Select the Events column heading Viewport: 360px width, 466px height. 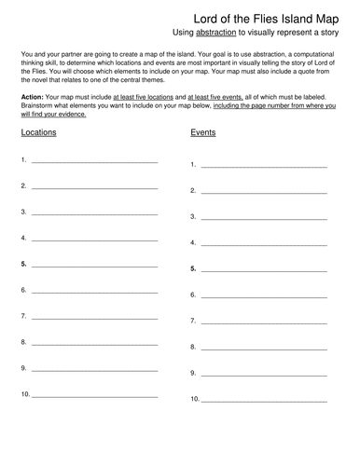click(x=204, y=133)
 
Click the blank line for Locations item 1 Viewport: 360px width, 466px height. click(x=93, y=163)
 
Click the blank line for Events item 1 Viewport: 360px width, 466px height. click(x=264, y=167)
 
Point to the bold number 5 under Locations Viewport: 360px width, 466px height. click(x=22, y=265)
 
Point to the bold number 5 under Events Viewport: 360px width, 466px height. click(x=193, y=268)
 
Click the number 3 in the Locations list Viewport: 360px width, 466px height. click(x=22, y=212)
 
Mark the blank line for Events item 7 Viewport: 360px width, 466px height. click(x=264, y=322)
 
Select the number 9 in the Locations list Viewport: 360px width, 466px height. click(x=22, y=368)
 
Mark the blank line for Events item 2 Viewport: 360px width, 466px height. click(x=264, y=193)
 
